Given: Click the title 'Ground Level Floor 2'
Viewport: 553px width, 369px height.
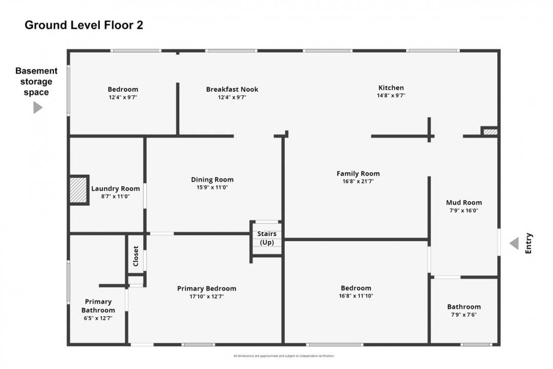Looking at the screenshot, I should (84, 25).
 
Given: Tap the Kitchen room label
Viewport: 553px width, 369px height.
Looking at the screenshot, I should (391, 88).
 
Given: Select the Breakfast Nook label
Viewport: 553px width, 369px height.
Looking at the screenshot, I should (232, 89).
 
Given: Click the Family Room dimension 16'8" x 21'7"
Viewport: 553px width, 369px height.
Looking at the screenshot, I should (358, 181).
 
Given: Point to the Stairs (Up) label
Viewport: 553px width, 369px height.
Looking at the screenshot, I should (267, 238).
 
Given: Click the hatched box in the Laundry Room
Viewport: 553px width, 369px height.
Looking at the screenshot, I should (78, 190).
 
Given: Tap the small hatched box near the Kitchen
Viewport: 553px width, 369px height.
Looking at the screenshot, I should (490, 132).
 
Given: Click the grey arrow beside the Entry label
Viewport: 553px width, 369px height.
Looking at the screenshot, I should (514, 243).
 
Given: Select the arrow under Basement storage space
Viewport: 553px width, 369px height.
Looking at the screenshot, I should (37, 108).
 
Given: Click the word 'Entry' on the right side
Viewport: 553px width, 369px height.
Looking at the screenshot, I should (529, 243).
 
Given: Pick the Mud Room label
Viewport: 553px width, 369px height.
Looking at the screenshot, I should (464, 202).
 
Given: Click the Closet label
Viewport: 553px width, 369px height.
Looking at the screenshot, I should (136, 256).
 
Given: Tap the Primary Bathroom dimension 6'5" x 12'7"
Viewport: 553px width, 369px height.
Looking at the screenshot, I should (98, 318).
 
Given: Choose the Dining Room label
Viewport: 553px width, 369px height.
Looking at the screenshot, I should (212, 179).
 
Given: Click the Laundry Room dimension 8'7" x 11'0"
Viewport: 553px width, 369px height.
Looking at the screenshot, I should (115, 196).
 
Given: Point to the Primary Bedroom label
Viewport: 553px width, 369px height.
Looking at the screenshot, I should (206, 289).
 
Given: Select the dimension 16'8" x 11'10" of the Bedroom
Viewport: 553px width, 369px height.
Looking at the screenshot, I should (356, 296).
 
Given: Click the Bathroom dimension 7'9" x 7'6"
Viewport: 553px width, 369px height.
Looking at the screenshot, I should (464, 315).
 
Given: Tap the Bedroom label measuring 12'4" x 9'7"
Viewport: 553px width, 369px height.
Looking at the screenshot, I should (123, 89).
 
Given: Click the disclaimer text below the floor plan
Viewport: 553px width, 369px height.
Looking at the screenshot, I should (283, 356).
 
